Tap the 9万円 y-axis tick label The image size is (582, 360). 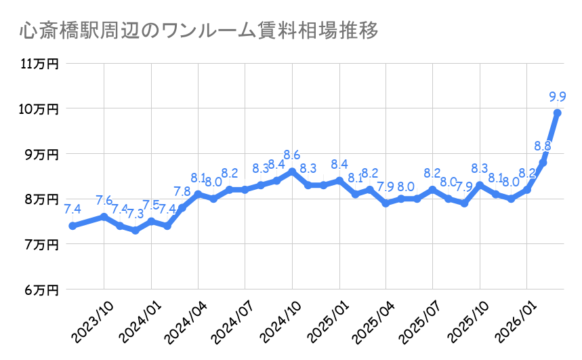coord(42,155)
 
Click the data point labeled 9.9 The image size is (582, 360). coord(558,113)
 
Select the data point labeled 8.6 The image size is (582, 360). coord(292,172)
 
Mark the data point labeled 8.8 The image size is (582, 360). coord(543,163)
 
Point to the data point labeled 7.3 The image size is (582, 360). coord(136,231)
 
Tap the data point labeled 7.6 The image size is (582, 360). coord(104,217)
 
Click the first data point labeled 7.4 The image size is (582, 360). coord(72,226)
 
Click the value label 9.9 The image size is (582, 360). coord(558,96)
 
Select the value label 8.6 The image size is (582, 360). coord(292,155)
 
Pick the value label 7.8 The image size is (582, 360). coord(182,192)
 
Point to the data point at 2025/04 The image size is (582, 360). coord(386,203)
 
